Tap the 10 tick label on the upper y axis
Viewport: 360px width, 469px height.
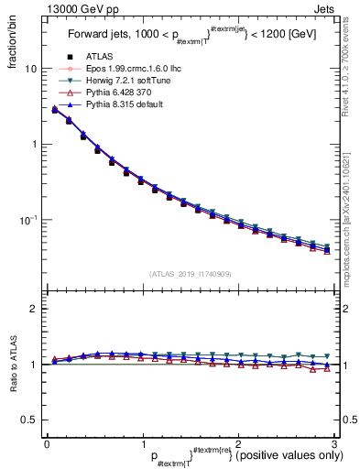30,69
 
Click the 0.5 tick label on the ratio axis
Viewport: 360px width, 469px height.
29,420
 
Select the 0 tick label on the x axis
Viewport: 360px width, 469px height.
47,442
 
